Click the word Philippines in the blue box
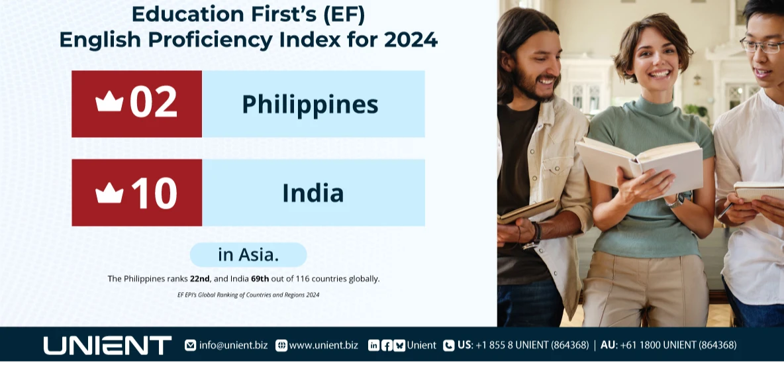310,105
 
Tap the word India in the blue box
313,193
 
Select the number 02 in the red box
153,103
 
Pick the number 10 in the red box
154,193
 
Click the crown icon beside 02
109,102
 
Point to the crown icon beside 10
109,193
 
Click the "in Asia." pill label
248,254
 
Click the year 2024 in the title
410,39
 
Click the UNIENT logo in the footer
107,345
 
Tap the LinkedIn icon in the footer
373,345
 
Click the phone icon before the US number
449,345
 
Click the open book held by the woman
638,166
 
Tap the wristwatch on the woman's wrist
676,199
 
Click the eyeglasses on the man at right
763,46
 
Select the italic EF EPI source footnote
248,295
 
